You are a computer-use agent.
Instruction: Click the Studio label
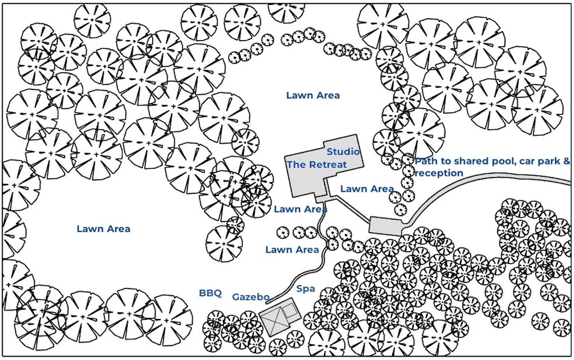[x=343, y=151]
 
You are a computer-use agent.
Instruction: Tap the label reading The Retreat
[x=316, y=165]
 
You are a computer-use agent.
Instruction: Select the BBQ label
[x=210, y=293]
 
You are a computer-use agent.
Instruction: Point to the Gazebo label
[x=251, y=297]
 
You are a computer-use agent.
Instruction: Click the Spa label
[x=305, y=289]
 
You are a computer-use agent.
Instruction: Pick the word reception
[x=439, y=173]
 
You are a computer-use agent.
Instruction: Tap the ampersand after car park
[x=566, y=161]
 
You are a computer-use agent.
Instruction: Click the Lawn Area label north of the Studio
[x=313, y=95]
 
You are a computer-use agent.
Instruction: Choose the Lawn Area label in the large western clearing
[x=103, y=229]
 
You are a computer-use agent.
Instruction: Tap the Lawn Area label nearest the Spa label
[x=292, y=250]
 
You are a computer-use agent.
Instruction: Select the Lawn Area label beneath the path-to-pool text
[x=367, y=189]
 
